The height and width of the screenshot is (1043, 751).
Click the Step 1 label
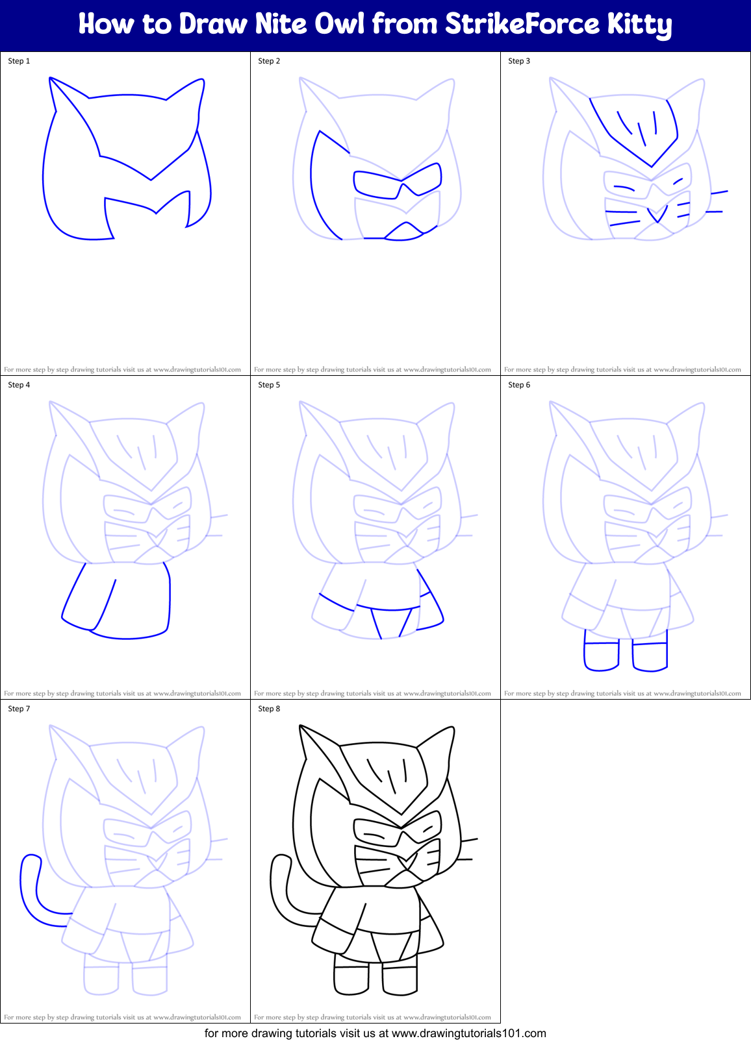coord(19,61)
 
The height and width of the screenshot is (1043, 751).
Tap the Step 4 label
coord(19,385)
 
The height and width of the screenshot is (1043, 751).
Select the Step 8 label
coord(269,709)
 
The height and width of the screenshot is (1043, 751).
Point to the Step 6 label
coord(519,385)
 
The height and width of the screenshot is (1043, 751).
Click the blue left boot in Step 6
coord(602,656)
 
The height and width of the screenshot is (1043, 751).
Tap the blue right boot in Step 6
coord(650,656)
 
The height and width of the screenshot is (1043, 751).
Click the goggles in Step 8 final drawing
coord(398,831)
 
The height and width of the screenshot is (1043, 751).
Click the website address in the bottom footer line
coord(468,1033)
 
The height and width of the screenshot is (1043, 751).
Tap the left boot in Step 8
coord(351,979)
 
